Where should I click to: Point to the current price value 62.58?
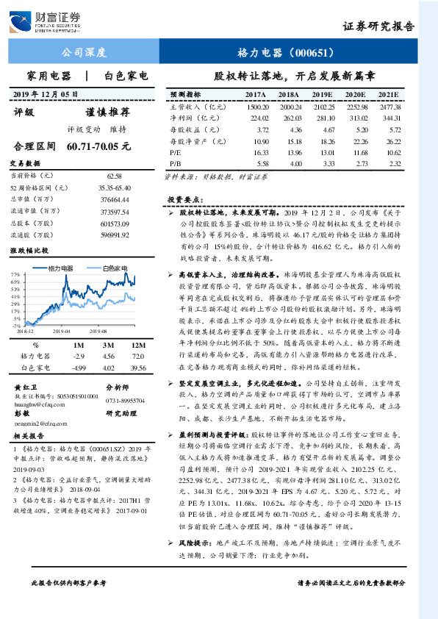coord(114,176)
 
